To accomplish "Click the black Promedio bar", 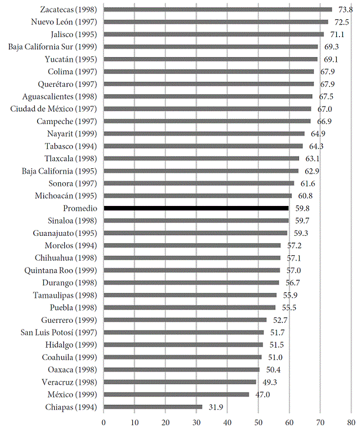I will pos(196,208).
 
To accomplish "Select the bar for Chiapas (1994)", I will pos(153,407).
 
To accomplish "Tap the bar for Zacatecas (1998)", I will pos(218,9).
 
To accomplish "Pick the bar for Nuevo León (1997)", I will pos(216,22).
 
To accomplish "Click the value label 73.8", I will pos(346,9).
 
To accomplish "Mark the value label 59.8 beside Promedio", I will pos(302,208).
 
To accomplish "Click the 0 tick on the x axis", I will pos(104,421).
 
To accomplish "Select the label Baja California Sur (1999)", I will pos(53,47).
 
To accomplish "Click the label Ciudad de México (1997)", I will pos(54,109).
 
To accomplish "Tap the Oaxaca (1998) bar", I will pos(182,369).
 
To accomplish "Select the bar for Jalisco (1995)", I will pos(214,34).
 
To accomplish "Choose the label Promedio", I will pos(81,208).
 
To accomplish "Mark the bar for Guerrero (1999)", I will pos(186,319).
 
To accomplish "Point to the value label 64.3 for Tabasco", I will pos(316,146).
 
